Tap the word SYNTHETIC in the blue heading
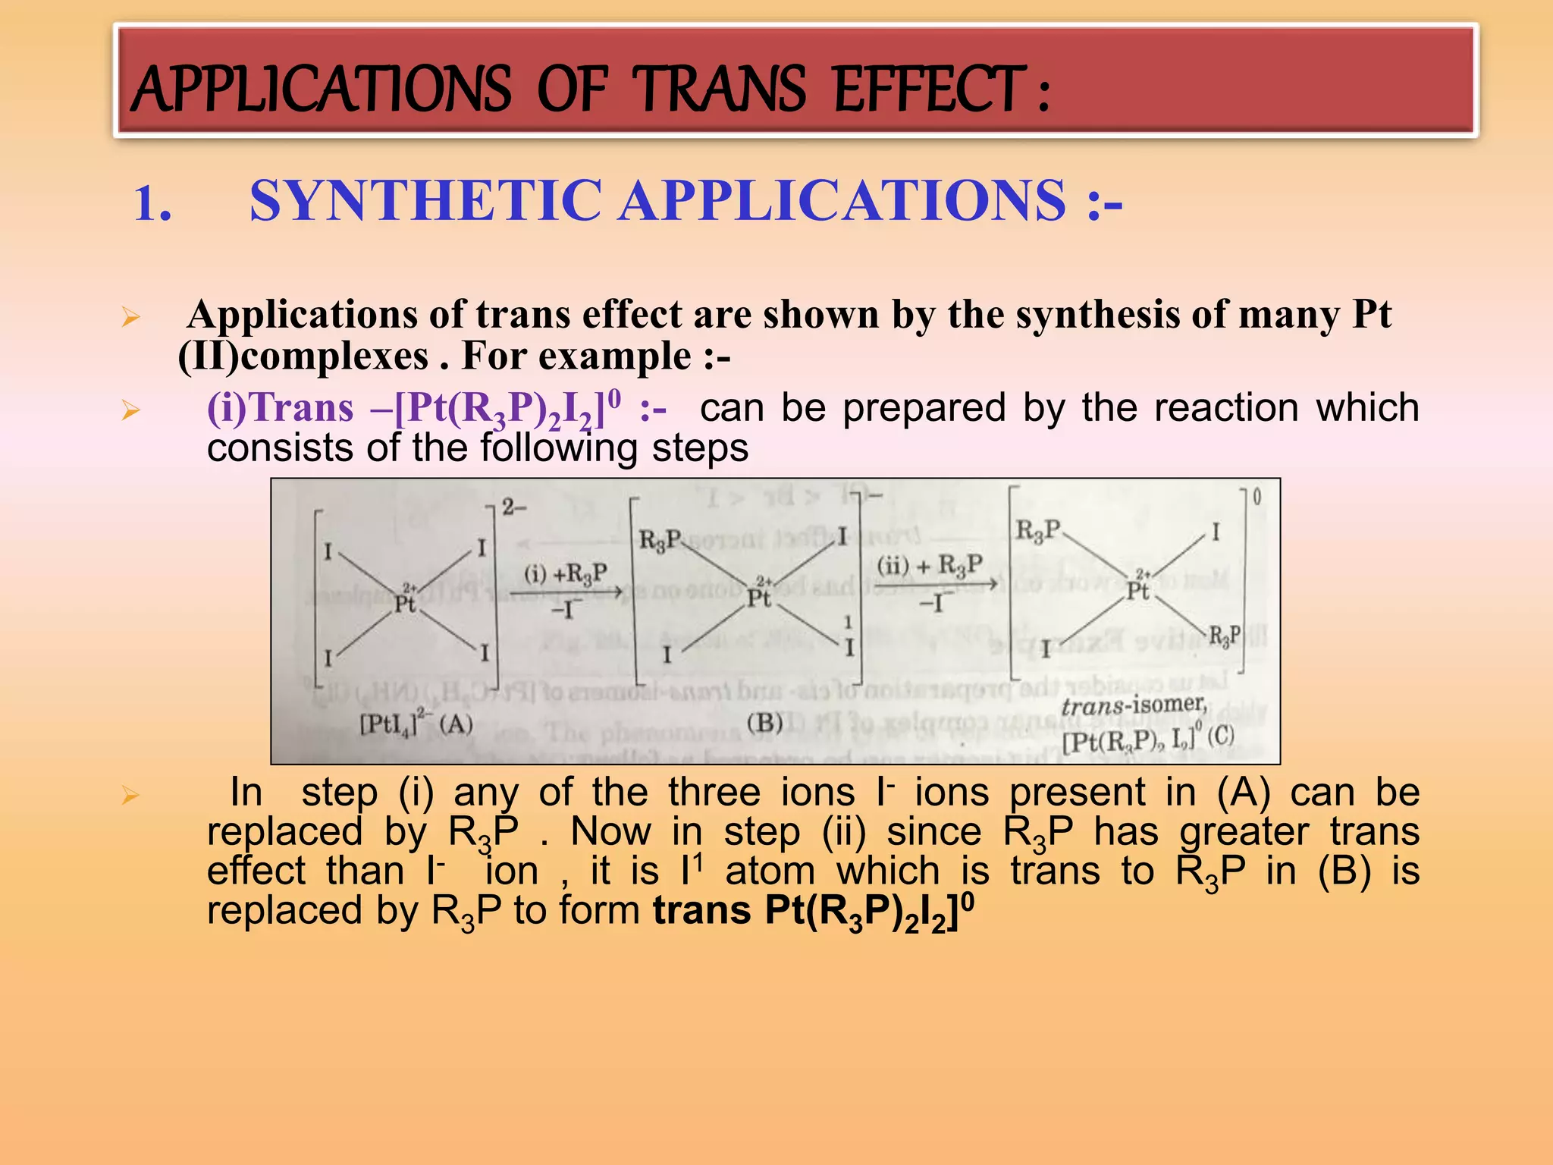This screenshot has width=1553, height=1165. point(425,201)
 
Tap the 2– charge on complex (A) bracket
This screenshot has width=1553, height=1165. point(513,507)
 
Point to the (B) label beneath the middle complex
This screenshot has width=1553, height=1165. point(764,722)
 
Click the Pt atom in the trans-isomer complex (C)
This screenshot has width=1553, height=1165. point(1137,590)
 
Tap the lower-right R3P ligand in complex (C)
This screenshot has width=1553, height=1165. point(1224,636)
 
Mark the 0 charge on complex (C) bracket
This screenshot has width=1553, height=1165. point(1257,498)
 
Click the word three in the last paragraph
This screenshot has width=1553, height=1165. point(714,793)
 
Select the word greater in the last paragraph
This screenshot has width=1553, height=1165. point(1244,832)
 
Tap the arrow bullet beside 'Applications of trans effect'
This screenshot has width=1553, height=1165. point(130,318)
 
